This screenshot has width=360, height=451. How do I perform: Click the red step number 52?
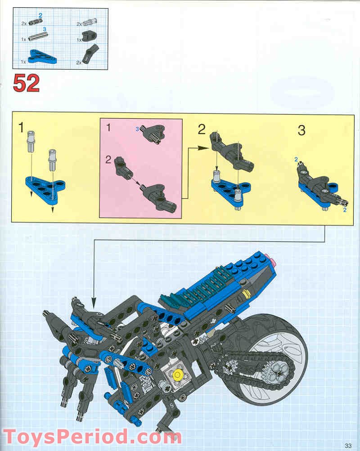pyautogui.click(x=26, y=83)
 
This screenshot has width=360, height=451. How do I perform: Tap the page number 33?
pyautogui.click(x=348, y=445)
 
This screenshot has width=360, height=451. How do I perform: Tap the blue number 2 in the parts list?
pyautogui.click(x=40, y=16)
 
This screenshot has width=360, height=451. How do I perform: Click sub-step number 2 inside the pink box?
pyautogui.click(x=108, y=159)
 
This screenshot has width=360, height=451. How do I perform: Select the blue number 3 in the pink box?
pyautogui.click(x=137, y=129)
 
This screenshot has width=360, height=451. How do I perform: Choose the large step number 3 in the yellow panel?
pyautogui.click(x=301, y=131)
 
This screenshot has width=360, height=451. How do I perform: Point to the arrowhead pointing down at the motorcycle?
pyautogui.click(x=94, y=300)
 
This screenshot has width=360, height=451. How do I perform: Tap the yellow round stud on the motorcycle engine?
pyautogui.click(x=177, y=374)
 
